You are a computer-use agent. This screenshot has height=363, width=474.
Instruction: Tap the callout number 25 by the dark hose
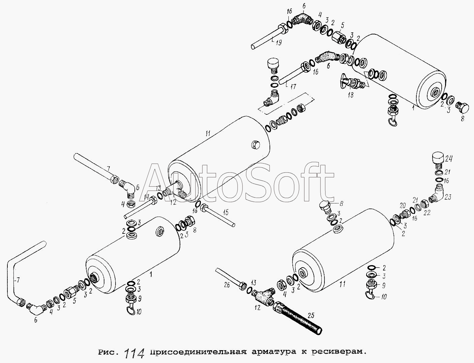[310, 316]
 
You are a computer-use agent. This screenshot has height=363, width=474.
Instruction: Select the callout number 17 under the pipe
[293, 87]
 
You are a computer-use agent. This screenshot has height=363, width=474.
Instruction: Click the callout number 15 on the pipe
[225, 213]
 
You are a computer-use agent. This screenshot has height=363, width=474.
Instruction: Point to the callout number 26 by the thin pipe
[227, 285]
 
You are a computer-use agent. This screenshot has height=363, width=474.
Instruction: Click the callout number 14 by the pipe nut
[147, 197]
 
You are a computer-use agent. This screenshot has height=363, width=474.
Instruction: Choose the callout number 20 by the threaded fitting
[403, 205]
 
